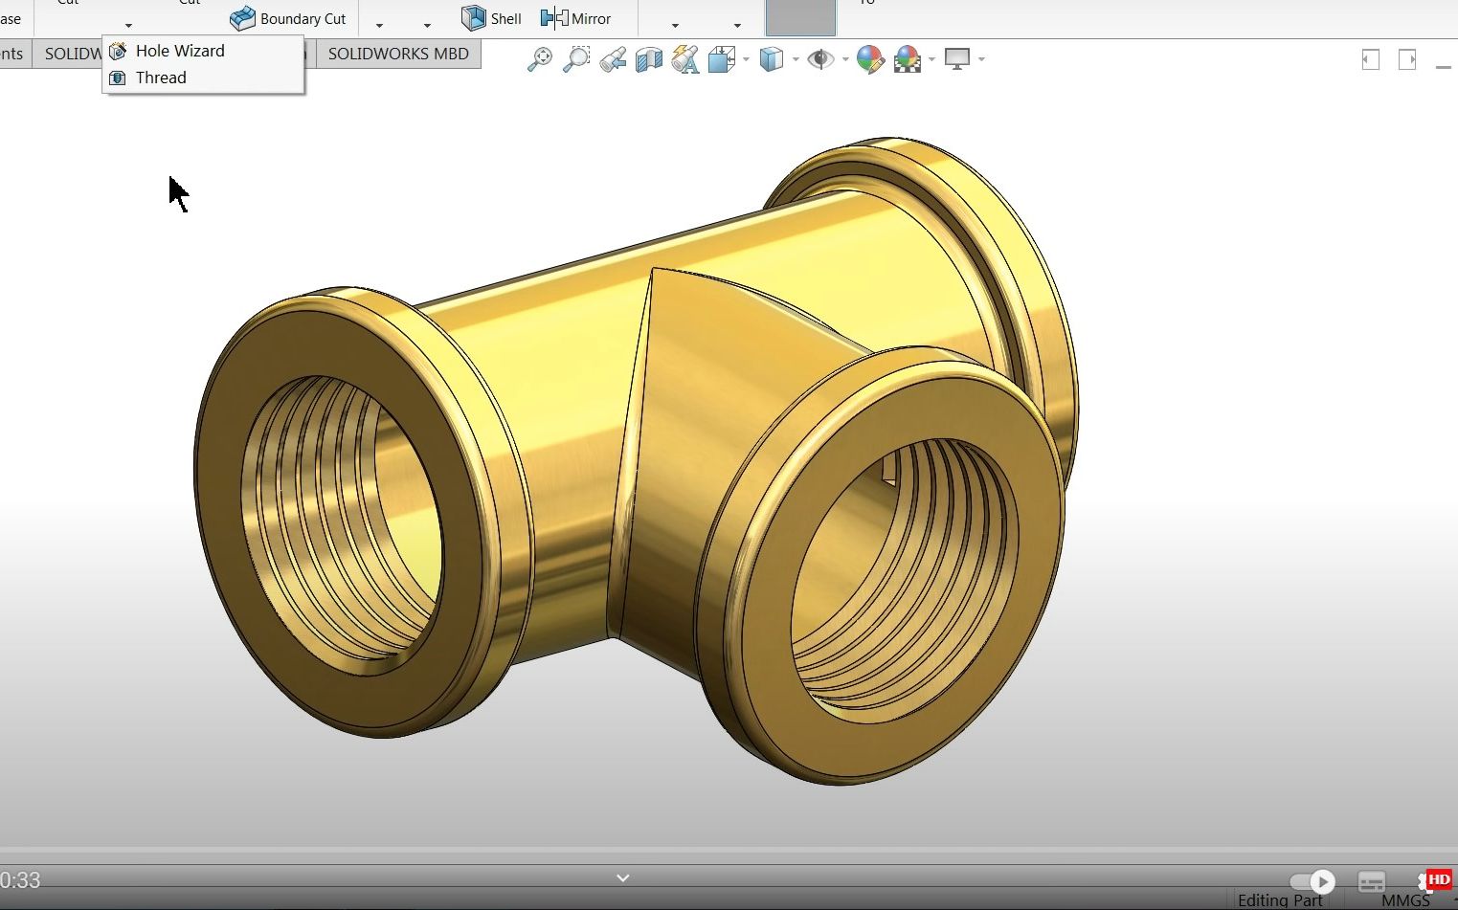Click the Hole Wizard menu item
click(x=179, y=51)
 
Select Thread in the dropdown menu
click(x=160, y=78)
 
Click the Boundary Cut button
click(x=289, y=18)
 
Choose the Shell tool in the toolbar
click(x=492, y=18)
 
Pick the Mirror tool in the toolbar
click(x=576, y=18)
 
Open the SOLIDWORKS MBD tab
click(x=398, y=54)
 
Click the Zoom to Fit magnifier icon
click(x=540, y=59)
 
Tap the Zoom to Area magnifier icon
click(x=575, y=59)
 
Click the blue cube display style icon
click(x=771, y=59)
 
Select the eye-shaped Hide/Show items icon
click(x=819, y=59)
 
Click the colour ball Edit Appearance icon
click(x=869, y=59)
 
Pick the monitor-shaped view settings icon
click(x=956, y=59)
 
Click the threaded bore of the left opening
click(x=340, y=517)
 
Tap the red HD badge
click(x=1439, y=879)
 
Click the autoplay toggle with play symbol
click(x=1312, y=881)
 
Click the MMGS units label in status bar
click(x=1404, y=900)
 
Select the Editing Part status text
click(x=1279, y=900)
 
